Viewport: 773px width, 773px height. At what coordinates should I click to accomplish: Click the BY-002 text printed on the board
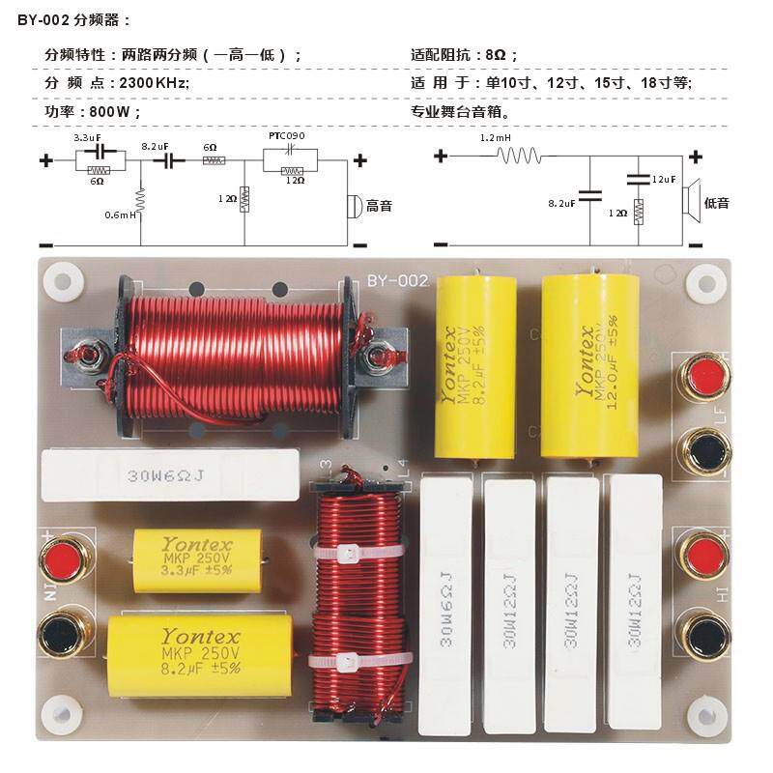click(x=396, y=281)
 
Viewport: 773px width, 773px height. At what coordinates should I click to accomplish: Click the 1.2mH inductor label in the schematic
click(x=495, y=139)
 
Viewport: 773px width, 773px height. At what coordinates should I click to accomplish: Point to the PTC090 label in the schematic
click(x=285, y=137)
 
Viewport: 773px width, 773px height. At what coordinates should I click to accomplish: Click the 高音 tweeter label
click(x=379, y=206)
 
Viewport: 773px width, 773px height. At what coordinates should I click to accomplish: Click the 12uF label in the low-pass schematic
click(x=664, y=180)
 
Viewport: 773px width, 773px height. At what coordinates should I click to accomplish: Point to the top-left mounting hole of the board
click(x=63, y=282)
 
